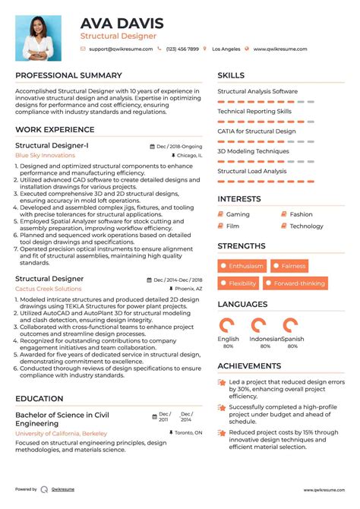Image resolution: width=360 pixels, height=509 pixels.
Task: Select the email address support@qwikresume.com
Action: point(121,49)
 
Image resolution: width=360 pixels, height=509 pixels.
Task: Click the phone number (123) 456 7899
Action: point(183,49)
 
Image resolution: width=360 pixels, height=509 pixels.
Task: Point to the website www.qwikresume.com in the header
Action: point(280,49)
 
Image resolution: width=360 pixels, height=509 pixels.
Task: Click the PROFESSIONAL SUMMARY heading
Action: point(68,75)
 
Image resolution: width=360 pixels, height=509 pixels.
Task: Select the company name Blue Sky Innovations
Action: point(46,155)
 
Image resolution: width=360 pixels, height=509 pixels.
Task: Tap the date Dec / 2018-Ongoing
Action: point(179,145)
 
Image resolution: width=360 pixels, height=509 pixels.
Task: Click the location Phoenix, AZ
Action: point(188,289)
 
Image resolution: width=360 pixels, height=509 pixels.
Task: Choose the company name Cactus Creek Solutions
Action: point(49,289)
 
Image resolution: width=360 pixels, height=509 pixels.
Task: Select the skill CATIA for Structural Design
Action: point(257,131)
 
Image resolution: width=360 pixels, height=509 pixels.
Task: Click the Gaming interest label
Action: point(238,214)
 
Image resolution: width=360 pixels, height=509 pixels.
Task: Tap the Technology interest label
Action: point(306,226)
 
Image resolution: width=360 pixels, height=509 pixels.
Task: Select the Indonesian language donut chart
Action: point(264,324)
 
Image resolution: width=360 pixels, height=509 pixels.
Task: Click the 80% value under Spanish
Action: point(293,346)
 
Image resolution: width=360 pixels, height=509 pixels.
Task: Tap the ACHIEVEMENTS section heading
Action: point(261,366)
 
